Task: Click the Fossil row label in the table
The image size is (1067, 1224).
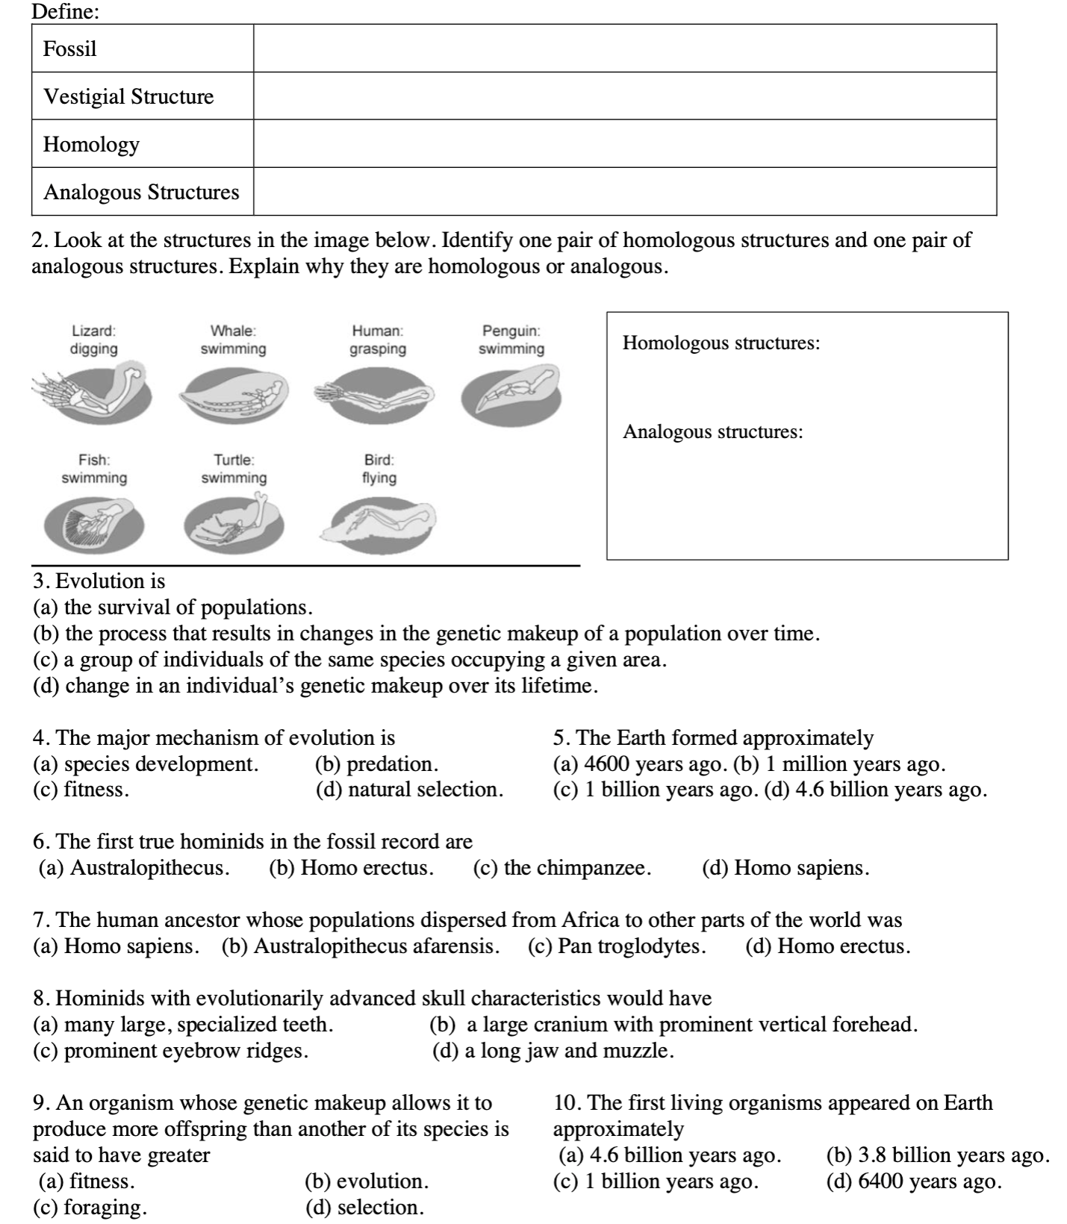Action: point(70,49)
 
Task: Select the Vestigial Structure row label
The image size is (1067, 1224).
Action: point(128,97)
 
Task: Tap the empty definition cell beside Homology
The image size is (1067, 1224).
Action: point(624,144)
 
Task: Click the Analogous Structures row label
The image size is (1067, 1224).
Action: point(141,193)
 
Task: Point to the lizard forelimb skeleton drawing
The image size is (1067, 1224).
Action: point(93,392)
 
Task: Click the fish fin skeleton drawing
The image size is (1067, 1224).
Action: point(93,523)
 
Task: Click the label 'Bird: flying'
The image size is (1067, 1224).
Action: point(379,469)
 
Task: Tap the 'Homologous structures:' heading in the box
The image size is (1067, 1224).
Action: point(721,343)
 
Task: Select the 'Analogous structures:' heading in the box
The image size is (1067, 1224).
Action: point(713,432)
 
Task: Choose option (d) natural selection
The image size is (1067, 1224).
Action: point(409,790)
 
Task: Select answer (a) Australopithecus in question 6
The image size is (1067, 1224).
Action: point(134,868)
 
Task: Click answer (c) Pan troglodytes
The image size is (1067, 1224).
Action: point(617,946)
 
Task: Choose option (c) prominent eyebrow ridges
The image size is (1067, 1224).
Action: point(171,1051)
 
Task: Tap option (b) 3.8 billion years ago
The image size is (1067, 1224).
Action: point(938,1155)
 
